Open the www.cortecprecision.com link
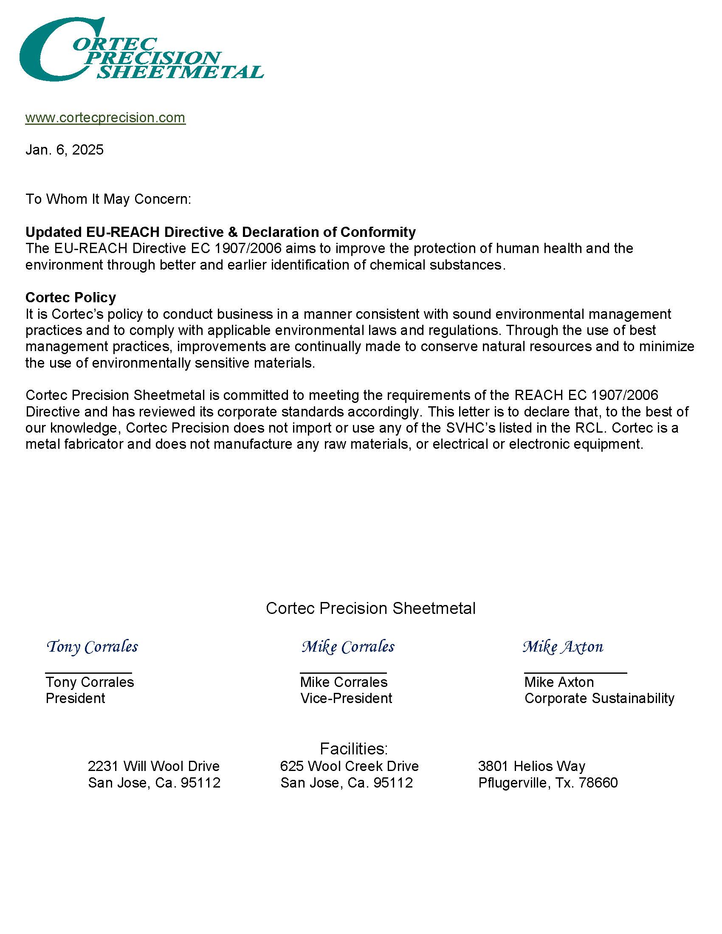tap(105, 118)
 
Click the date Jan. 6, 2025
tap(65, 150)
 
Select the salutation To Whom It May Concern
tap(108, 199)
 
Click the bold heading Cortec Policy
tap(71, 297)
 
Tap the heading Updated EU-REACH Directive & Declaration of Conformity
tap(220, 232)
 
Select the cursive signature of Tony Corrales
tap(92, 647)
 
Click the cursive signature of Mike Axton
tap(563, 647)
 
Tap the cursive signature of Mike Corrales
tap(348, 647)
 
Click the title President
tap(75, 698)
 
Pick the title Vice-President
tap(346, 698)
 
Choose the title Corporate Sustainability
tap(599, 698)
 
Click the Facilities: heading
tap(354, 748)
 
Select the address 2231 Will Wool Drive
tap(154, 766)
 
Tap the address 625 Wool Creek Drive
tap(349, 766)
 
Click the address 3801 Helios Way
tap(532, 766)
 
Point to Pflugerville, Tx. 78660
tap(548, 782)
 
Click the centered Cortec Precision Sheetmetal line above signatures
tap(370, 608)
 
